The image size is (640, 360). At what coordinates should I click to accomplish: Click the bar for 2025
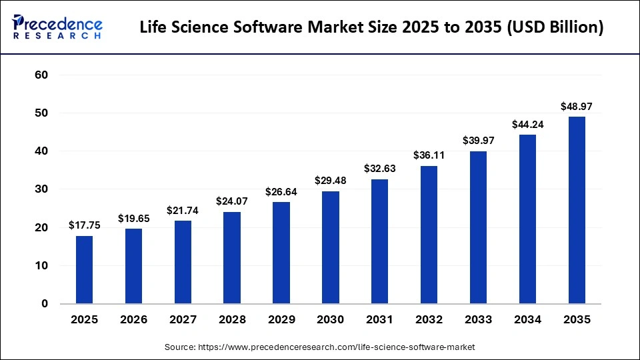point(85,269)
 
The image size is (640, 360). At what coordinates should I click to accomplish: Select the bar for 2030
point(331,247)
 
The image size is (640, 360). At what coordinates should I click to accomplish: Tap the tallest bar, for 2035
point(577,210)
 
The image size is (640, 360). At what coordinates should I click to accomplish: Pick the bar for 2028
point(232,257)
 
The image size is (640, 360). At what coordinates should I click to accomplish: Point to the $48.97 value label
point(577,107)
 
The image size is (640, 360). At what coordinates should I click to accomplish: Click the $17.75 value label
point(85,225)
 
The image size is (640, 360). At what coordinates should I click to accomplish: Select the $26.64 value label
point(281,192)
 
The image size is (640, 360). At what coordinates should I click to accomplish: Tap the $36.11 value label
point(429,155)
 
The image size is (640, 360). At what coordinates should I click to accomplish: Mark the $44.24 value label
point(527,124)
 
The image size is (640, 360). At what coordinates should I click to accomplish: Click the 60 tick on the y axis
point(41,75)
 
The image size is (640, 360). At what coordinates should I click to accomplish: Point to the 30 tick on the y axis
point(41,189)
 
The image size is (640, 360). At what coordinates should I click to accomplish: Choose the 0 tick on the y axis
point(45,304)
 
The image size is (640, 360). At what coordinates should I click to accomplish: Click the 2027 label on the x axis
point(183,320)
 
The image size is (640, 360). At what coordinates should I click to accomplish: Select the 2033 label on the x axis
point(478,320)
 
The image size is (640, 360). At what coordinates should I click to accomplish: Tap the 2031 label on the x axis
point(380,320)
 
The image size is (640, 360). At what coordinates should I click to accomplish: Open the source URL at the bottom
point(319,347)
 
